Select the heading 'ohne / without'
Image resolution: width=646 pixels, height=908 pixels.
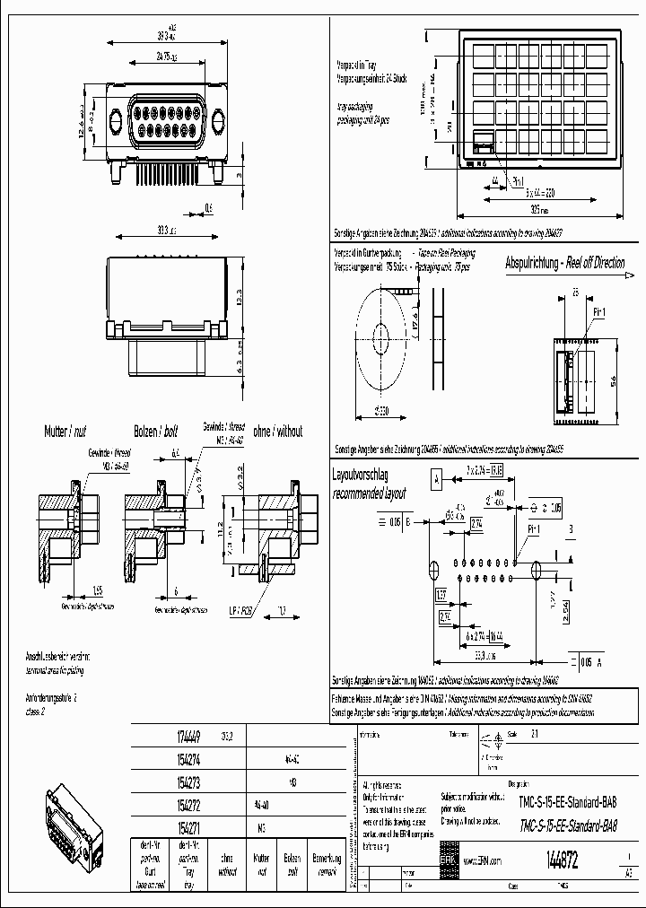coord(275,432)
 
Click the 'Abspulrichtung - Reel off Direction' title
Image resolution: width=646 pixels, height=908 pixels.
coord(564,264)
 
